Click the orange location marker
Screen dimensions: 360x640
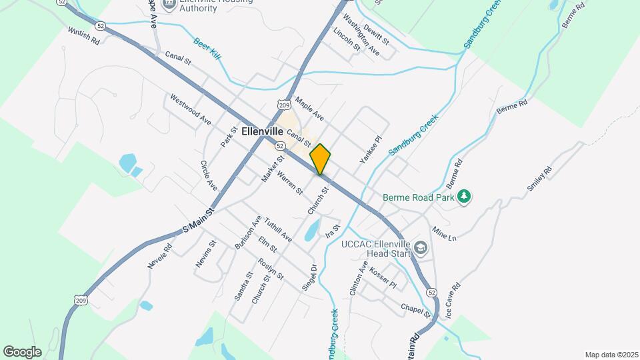coord(320,159)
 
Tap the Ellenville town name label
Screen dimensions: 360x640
coord(263,131)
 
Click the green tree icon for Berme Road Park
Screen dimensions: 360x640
coord(465,197)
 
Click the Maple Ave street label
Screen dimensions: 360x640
coord(309,109)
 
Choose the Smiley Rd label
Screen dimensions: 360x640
coord(539,179)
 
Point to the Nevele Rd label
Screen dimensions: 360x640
coord(160,256)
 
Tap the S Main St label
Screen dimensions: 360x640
coord(197,221)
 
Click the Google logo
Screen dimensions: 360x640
coord(22,351)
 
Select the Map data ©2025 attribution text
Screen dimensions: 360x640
coord(610,355)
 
